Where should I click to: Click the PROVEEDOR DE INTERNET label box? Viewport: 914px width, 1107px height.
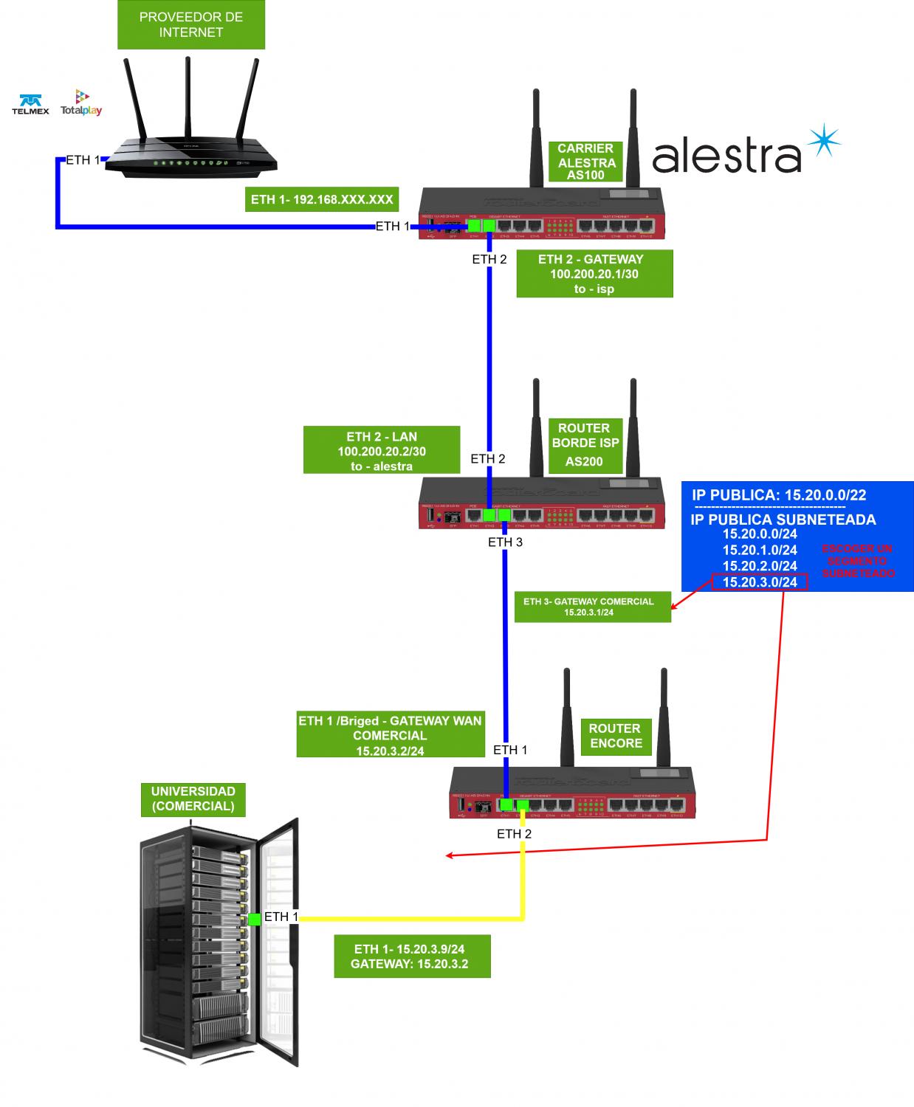coord(190,25)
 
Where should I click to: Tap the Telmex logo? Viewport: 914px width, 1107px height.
coord(30,104)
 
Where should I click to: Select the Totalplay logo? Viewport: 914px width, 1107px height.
coord(81,103)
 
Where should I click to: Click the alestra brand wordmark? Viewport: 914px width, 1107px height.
coord(727,156)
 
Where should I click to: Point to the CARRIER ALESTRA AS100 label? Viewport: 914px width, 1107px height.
coord(586,162)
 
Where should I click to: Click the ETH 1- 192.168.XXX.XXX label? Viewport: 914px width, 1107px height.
coord(322,200)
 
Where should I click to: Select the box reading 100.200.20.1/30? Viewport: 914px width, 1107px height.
coord(594,274)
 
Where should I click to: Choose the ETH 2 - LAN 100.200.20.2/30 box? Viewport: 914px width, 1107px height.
coord(382,450)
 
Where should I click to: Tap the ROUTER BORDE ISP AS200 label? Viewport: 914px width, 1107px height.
coord(585,445)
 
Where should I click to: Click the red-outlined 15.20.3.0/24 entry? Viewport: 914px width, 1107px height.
coord(760,582)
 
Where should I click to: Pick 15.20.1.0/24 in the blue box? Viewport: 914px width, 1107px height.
coord(760,550)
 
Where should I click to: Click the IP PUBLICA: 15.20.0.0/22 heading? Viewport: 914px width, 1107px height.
coord(778,495)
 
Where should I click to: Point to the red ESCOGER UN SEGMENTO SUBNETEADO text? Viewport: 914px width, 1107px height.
coord(857,561)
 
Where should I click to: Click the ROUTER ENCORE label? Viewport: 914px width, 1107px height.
coord(616,736)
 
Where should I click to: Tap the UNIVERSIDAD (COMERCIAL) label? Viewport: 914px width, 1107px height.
coord(193,799)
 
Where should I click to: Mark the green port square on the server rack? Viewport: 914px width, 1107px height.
coord(255,919)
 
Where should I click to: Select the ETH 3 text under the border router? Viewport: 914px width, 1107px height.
coord(505,542)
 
